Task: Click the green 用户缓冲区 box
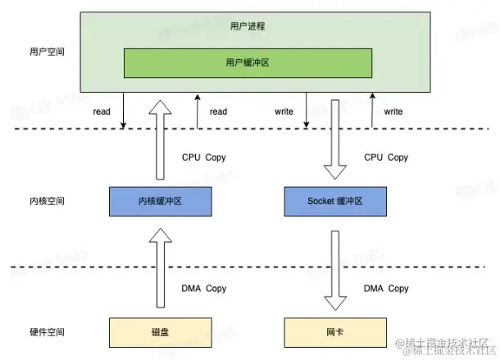pos(248,62)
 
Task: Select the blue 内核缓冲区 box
pos(161,200)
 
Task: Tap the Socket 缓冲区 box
pos(334,200)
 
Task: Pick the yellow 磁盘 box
pos(161,332)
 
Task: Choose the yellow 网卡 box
pos(334,332)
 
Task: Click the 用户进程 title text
pos(248,26)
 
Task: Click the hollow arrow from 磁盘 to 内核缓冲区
pos(161,271)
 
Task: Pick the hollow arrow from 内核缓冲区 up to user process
pos(161,139)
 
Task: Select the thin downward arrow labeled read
pos(123,111)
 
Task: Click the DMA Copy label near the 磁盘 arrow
pos(204,289)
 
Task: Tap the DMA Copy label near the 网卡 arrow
pos(385,289)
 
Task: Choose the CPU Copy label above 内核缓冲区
pos(204,157)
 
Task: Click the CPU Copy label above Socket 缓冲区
pos(385,157)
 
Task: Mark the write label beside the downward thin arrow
pos(284,111)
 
